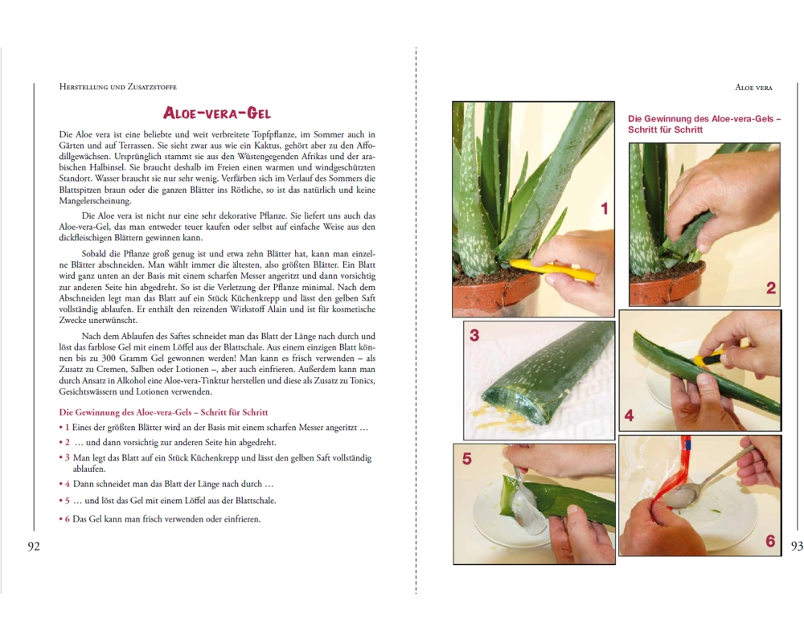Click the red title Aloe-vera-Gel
(x=217, y=113)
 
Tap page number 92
(x=33, y=547)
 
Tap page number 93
(x=797, y=547)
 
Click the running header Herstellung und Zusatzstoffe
(x=118, y=87)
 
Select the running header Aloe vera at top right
(x=754, y=88)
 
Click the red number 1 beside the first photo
(x=604, y=209)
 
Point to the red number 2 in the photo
(x=771, y=289)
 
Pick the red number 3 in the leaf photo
(x=474, y=335)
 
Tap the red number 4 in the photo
(x=630, y=416)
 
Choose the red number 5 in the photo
(x=466, y=458)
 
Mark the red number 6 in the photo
(x=770, y=541)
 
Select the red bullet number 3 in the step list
(x=68, y=458)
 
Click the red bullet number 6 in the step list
(x=68, y=519)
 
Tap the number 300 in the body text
(x=109, y=358)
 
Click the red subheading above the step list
(x=163, y=412)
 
